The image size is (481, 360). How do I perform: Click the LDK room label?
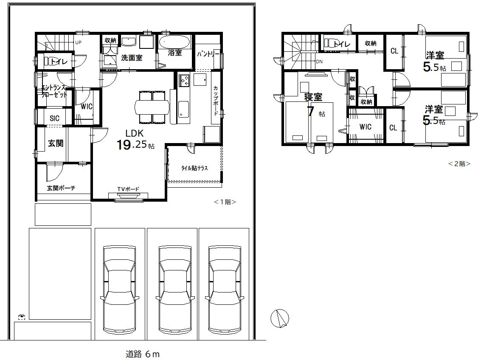coord(135,133)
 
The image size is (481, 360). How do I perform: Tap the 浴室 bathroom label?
coord(175,53)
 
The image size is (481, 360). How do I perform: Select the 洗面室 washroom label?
coord(132,58)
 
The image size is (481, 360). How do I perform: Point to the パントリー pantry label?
coord(208,54)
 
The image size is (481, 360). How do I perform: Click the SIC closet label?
coord(55,118)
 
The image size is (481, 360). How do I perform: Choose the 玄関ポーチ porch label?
coord(61,188)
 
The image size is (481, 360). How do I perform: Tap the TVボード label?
coord(128,189)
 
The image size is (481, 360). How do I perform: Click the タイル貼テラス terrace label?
coord(194,168)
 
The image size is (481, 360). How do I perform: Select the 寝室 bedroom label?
coord(313,97)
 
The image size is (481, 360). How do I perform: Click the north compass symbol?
coord(280,318)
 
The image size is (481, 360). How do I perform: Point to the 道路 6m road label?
coord(143,354)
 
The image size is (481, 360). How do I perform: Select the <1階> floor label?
coord(225,202)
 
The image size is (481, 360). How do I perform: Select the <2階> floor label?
coord(459,164)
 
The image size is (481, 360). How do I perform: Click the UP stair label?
coord(78,42)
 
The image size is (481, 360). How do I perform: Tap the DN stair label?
coord(319,62)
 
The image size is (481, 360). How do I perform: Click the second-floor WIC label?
coord(366,127)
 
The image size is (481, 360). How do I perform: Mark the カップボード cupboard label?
coord(216,101)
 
